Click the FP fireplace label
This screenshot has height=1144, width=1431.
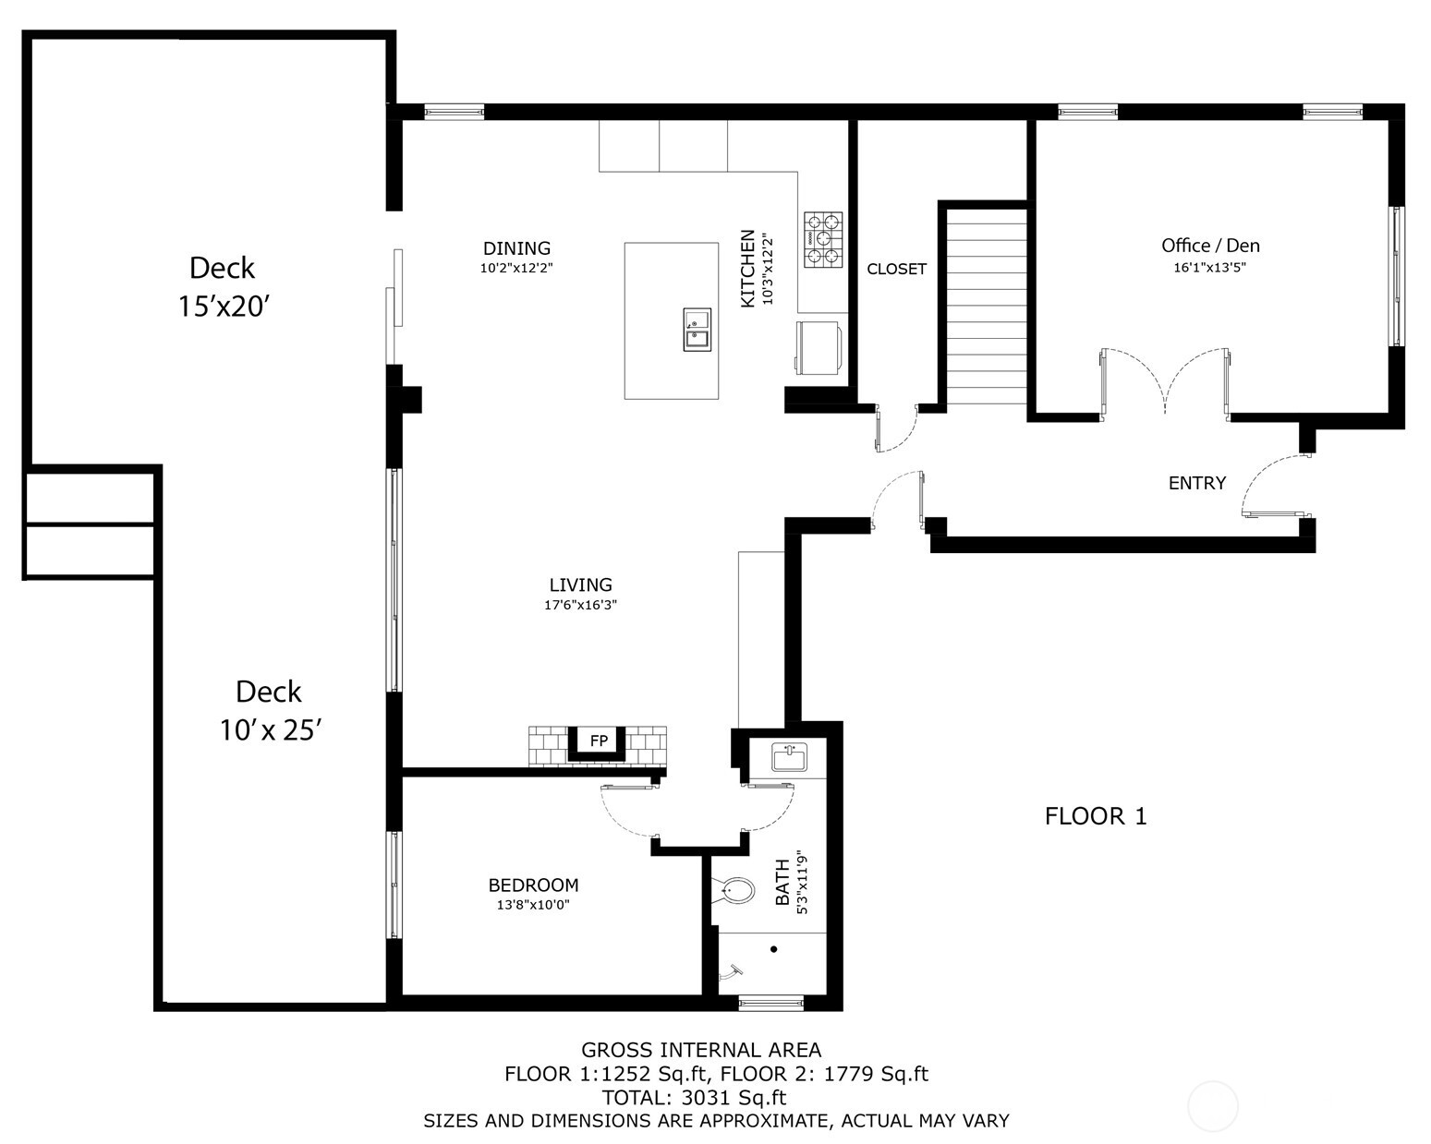click(599, 741)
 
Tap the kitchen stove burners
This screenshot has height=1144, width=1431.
click(823, 240)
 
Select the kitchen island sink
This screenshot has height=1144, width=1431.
click(697, 330)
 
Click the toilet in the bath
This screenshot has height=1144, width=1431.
click(735, 892)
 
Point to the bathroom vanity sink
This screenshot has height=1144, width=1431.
click(789, 757)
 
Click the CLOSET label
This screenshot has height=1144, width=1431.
click(896, 270)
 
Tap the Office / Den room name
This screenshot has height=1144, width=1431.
click(1210, 246)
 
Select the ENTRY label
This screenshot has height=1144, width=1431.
click(1196, 483)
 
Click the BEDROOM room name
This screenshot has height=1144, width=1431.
click(533, 885)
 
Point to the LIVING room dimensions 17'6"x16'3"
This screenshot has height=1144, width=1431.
click(580, 606)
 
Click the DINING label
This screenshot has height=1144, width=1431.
click(516, 248)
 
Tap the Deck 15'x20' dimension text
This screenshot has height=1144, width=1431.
click(223, 307)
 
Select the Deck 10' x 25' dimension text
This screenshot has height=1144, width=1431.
click(269, 730)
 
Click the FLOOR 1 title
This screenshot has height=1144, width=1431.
click(1095, 816)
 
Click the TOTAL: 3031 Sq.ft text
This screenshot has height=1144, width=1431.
click(694, 1098)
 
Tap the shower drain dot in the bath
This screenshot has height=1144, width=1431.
click(773, 949)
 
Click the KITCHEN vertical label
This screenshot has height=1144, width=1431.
click(748, 269)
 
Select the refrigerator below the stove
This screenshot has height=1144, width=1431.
click(818, 348)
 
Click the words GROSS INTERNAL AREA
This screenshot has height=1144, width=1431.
click(700, 1050)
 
